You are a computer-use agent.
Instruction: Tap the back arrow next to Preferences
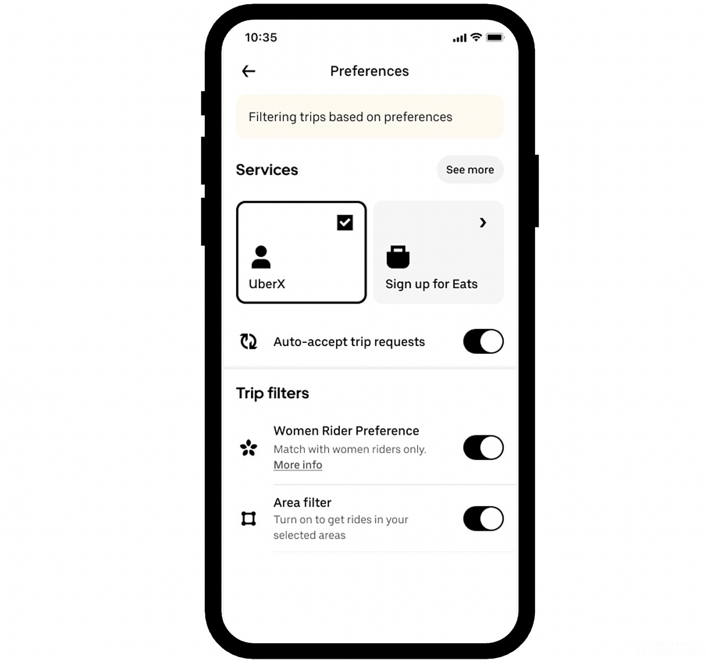pos(249,71)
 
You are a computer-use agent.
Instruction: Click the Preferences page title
pos(369,71)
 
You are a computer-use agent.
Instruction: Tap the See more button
pos(470,170)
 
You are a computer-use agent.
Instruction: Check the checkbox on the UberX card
pos(345,222)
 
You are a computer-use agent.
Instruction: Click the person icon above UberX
pos(261,257)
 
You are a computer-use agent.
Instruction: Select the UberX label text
pos(267,284)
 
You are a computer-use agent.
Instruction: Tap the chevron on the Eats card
pos(483,222)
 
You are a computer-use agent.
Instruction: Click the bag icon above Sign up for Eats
pos(398,257)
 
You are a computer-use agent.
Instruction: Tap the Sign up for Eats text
pos(431,284)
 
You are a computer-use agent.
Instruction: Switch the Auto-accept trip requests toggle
pos(483,342)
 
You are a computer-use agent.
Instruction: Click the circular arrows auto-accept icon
pos(249,342)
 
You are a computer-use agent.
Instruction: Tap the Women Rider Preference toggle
pos(483,447)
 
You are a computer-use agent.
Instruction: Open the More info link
pos(298,465)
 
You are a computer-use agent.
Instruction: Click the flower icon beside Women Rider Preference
pos(249,448)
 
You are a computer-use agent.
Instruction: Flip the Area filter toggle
pos(483,519)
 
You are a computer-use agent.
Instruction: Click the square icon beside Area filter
pos(249,519)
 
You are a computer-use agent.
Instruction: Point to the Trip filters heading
pos(273,393)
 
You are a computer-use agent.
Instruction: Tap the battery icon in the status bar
pos(495,38)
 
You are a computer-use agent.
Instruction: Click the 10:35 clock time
pos(261,38)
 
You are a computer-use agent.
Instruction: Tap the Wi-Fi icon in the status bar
pos(476,37)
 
